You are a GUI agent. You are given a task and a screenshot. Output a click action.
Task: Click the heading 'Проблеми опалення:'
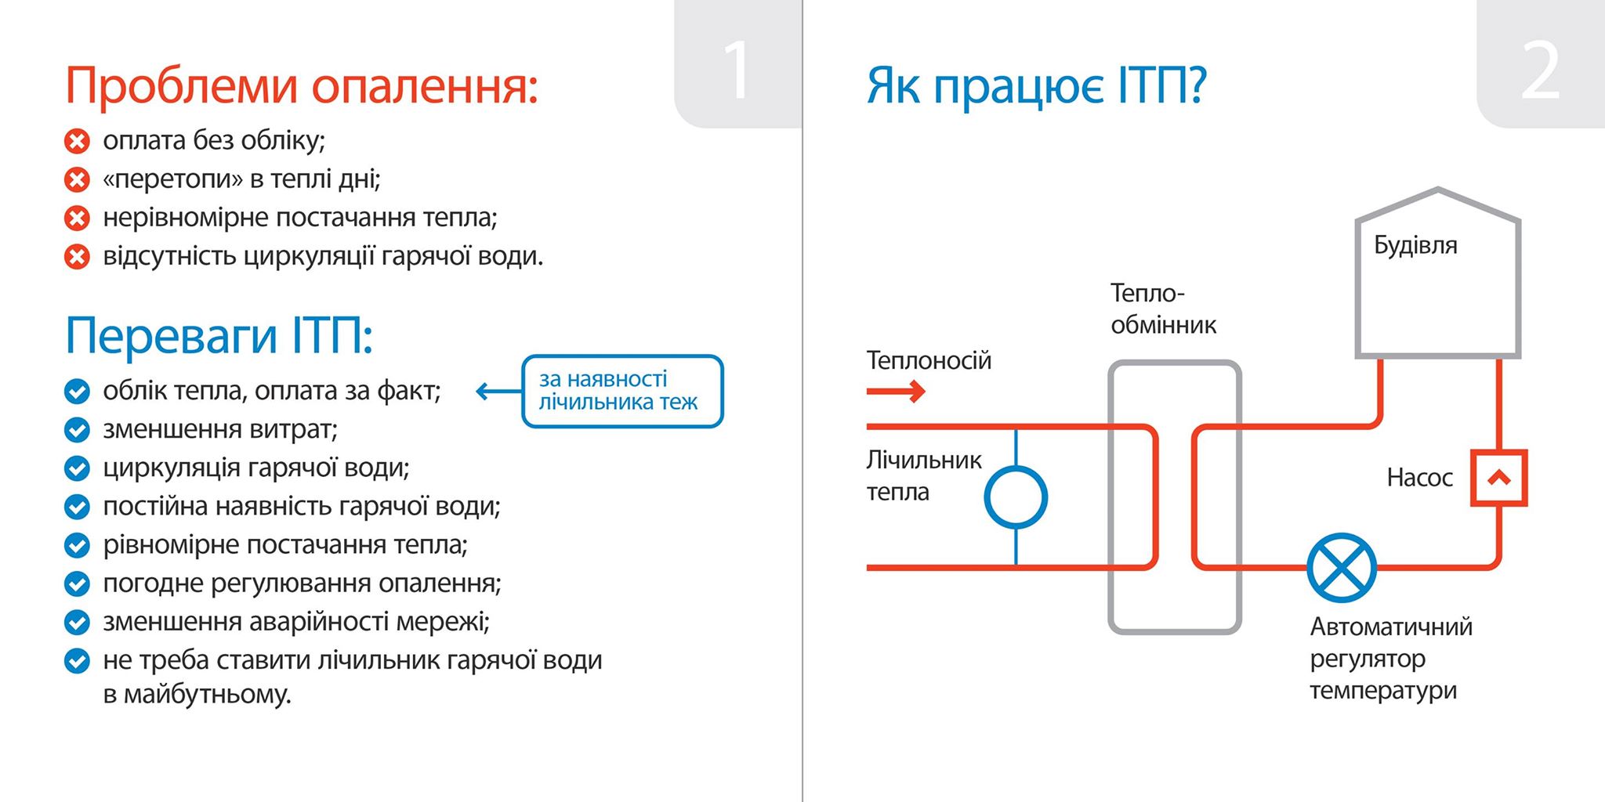[302, 85]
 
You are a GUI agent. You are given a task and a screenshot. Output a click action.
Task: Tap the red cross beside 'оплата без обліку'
[77, 142]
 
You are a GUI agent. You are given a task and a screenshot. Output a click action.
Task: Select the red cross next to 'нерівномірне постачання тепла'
[77, 219]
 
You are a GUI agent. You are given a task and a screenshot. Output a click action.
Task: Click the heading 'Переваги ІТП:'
[219, 336]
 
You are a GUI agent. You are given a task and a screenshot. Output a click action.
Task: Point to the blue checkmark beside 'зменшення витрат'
[77, 430]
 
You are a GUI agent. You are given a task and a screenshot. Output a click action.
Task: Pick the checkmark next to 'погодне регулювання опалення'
[77, 583]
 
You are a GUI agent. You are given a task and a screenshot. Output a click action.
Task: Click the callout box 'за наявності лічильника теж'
[622, 392]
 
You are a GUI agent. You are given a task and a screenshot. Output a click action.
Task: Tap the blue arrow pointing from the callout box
[497, 392]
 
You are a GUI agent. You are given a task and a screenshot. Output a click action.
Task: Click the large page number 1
[737, 70]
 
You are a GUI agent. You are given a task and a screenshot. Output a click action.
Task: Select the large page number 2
[1539, 70]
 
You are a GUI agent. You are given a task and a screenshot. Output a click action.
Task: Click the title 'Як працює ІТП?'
[1036, 86]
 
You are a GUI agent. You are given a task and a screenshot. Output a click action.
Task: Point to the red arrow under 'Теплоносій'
[896, 391]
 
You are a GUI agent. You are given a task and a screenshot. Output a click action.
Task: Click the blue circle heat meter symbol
[1016, 497]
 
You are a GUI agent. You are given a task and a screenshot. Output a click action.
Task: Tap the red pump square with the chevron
[1498, 478]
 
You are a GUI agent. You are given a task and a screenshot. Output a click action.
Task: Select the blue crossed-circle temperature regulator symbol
[1342, 567]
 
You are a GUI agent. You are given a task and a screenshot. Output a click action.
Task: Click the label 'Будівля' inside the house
[1415, 246]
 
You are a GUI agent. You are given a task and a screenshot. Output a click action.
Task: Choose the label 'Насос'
[1419, 478]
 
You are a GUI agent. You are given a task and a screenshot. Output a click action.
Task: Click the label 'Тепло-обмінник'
[1163, 309]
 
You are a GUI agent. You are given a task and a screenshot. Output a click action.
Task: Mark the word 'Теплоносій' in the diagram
[929, 360]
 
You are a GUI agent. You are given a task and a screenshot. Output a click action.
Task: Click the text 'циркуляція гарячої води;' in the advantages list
[256, 468]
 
